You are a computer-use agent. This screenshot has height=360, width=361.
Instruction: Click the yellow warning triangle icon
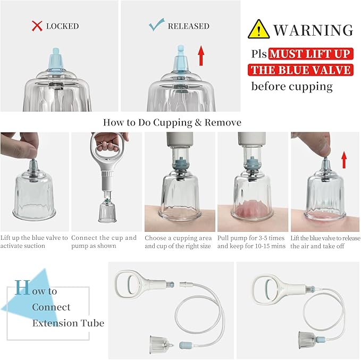pos(258,29)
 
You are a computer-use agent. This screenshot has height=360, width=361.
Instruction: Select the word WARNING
pos(313,30)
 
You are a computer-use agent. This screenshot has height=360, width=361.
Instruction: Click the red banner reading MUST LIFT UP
pos(309,54)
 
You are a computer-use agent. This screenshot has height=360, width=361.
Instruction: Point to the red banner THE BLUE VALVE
pos(300,70)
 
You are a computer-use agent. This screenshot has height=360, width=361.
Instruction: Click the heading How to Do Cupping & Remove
pos(172,122)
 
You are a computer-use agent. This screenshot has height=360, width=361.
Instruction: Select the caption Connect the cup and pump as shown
pos(104,242)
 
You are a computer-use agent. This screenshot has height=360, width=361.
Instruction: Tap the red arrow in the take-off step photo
pos(343,159)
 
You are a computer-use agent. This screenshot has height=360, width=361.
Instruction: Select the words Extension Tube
pos(68,323)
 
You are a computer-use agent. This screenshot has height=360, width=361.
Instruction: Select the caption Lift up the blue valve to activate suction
pos(35,242)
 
